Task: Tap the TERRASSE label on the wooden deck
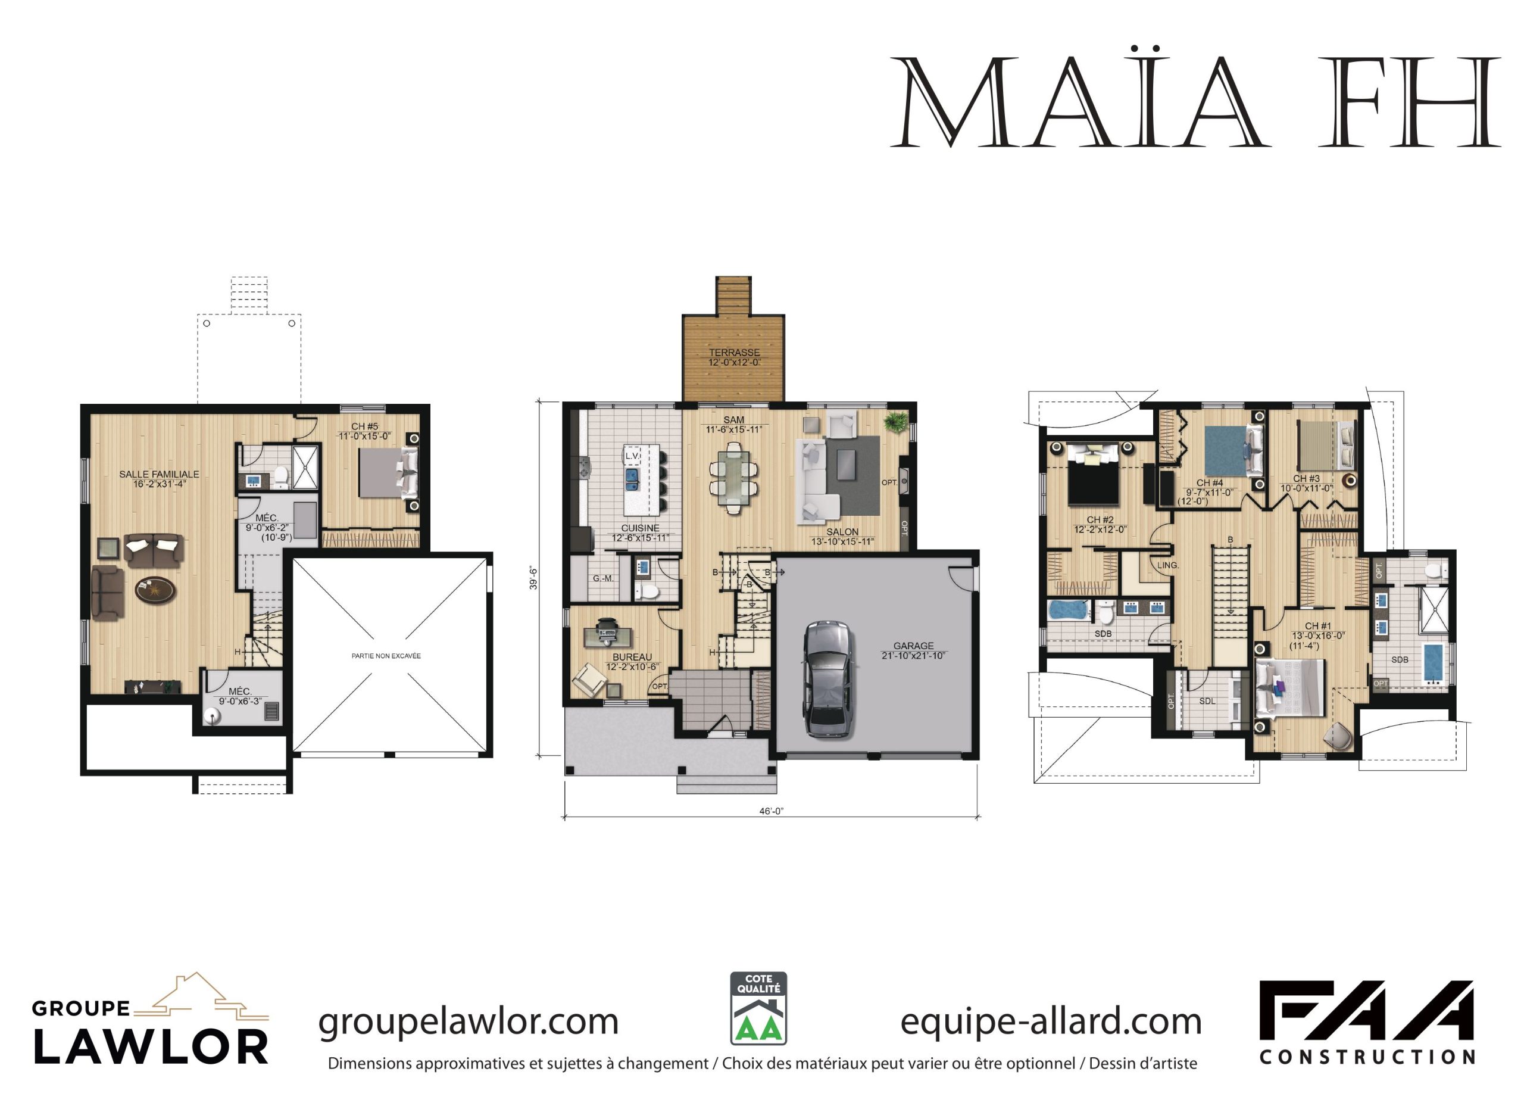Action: click(x=735, y=352)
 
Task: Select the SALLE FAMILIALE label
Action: click(x=160, y=474)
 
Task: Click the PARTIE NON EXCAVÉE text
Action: click(x=386, y=655)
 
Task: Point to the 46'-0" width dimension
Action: click(x=772, y=811)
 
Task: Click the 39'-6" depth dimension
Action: click(x=533, y=578)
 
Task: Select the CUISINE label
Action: click(x=640, y=528)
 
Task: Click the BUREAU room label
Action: click(x=632, y=657)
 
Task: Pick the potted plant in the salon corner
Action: click(x=895, y=422)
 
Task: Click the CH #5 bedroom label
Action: click(x=365, y=426)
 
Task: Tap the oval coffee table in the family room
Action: click(x=155, y=590)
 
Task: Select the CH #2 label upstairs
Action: click(x=1100, y=519)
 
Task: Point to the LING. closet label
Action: click(x=1168, y=565)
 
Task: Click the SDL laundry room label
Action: click(x=1207, y=701)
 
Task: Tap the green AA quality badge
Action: click(x=758, y=1008)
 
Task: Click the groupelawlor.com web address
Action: click(x=469, y=1022)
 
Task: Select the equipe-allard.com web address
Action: click(x=1051, y=1022)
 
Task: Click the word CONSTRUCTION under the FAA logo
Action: click(x=1367, y=1057)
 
